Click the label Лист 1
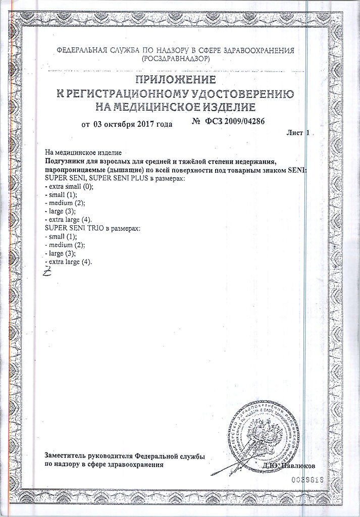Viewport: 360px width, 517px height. (x=296, y=133)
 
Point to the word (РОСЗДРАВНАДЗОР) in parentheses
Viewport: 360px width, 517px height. (x=175, y=59)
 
